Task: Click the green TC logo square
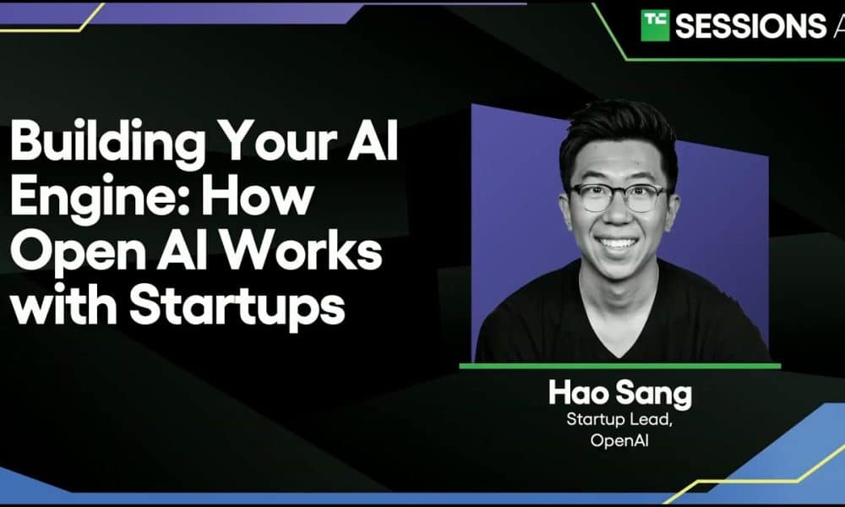pos(655,25)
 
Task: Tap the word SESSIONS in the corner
pos(750,26)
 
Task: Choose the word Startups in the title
pos(237,308)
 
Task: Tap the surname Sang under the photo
pos(654,395)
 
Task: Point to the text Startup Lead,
pos(619,419)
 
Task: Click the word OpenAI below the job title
pos(619,440)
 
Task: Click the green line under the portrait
pos(619,367)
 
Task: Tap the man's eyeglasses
pos(619,197)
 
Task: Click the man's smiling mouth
pos(619,245)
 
